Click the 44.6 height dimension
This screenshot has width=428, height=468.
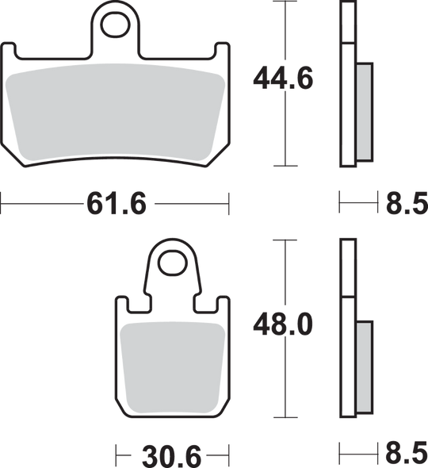tap(284, 79)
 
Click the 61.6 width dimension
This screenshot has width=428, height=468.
tap(117, 205)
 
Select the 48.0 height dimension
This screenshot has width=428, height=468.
tap(284, 324)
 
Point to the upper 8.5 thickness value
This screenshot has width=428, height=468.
tap(406, 205)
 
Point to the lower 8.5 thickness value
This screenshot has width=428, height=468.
tap(406, 456)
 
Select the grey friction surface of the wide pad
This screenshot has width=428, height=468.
tap(117, 111)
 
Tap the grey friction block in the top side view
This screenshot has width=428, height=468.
tap(366, 110)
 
